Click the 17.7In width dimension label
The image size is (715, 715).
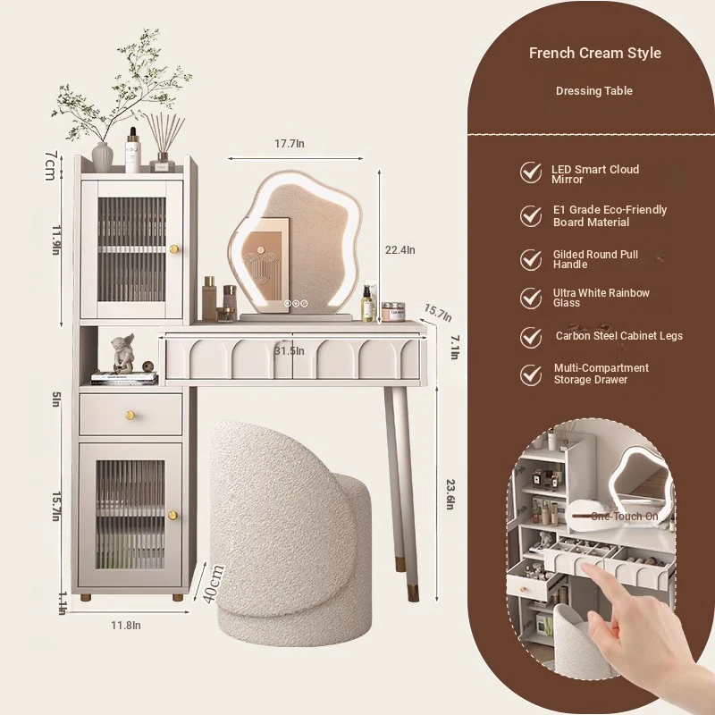(289, 144)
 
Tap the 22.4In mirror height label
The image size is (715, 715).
(400, 250)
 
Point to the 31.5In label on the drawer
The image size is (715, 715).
(289, 350)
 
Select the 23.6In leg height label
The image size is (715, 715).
(450, 494)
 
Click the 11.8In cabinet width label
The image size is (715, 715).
(126, 625)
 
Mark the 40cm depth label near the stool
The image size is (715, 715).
(213, 585)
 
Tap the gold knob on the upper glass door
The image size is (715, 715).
(173, 249)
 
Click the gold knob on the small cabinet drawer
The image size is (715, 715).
(130, 415)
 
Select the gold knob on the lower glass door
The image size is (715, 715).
(172, 516)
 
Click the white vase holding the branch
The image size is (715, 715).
(102, 157)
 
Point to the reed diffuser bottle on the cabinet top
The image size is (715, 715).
(163, 163)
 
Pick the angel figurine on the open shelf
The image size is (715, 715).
(123, 353)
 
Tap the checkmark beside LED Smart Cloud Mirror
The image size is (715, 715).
(531, 172)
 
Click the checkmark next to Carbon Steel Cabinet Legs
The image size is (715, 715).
(531, 338)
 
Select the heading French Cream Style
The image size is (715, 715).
(594, 53)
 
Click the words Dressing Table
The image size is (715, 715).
(593, 91)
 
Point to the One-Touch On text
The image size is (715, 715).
(624, 517)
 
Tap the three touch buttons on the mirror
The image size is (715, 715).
(296, 303)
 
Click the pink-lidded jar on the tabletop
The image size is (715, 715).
(393, 312)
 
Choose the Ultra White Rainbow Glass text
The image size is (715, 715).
(601, 298)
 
